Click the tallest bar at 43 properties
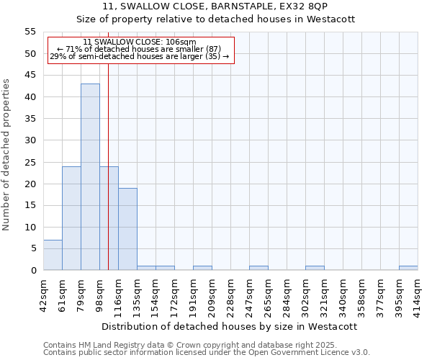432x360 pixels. click(90, 176)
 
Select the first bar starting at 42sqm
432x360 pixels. click(53, 255)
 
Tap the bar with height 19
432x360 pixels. click(127, 229)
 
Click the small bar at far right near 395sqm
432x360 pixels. click(408, 268)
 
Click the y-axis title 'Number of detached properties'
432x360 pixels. click(7, 155)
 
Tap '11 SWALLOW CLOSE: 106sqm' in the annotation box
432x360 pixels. click(140, 42)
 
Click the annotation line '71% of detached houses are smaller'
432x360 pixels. click(140, 49)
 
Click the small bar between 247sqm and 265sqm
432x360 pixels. click(258, 268)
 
